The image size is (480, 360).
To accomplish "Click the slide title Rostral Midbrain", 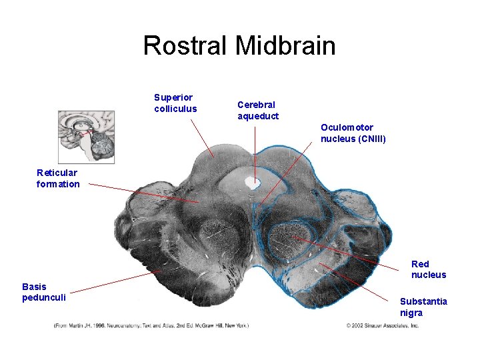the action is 239,46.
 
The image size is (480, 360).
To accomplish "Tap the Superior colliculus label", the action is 175,103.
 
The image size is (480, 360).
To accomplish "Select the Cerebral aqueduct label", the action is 258,110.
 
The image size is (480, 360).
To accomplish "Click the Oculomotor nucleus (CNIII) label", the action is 353,133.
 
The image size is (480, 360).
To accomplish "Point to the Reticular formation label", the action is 58,178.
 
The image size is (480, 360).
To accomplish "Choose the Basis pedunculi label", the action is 44,292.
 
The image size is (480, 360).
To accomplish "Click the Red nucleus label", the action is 429,269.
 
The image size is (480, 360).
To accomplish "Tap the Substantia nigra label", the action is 423,307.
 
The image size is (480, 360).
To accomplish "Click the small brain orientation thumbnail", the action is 86,137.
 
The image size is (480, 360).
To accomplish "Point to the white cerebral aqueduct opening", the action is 253,181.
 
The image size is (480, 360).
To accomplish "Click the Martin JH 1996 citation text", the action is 151,325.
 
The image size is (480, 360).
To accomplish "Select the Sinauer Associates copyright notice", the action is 382,325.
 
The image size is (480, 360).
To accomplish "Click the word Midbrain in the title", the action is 285,46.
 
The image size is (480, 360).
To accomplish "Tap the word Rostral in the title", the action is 185,46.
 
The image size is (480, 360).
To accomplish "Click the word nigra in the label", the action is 411,313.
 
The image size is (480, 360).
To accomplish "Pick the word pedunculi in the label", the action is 44,297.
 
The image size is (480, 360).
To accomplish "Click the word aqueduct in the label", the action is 258,116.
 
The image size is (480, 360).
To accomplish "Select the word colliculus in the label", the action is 175,109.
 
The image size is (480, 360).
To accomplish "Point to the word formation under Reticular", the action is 58,184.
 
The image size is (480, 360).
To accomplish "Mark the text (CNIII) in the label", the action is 372,139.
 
